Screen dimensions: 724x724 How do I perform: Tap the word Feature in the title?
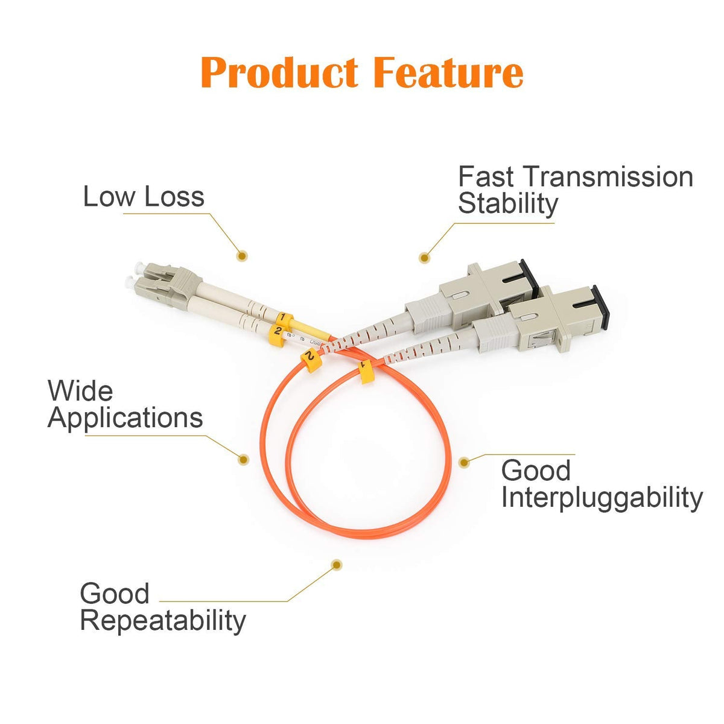[448, 72]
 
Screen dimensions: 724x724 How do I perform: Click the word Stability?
[508, 203]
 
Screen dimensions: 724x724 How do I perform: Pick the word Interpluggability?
[602, 498]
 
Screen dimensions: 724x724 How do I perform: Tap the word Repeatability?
[163, 621]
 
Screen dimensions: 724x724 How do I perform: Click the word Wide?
[80, 391]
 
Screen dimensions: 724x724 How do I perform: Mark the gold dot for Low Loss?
[242, 256]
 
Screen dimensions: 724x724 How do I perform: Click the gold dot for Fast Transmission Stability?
[425, 257]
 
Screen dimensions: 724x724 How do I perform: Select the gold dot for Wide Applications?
[243, 460]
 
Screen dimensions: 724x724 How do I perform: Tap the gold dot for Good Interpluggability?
[463, 462]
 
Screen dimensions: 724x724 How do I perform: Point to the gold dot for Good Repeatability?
[337, 565]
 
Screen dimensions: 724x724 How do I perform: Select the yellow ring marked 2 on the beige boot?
[277, 331]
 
